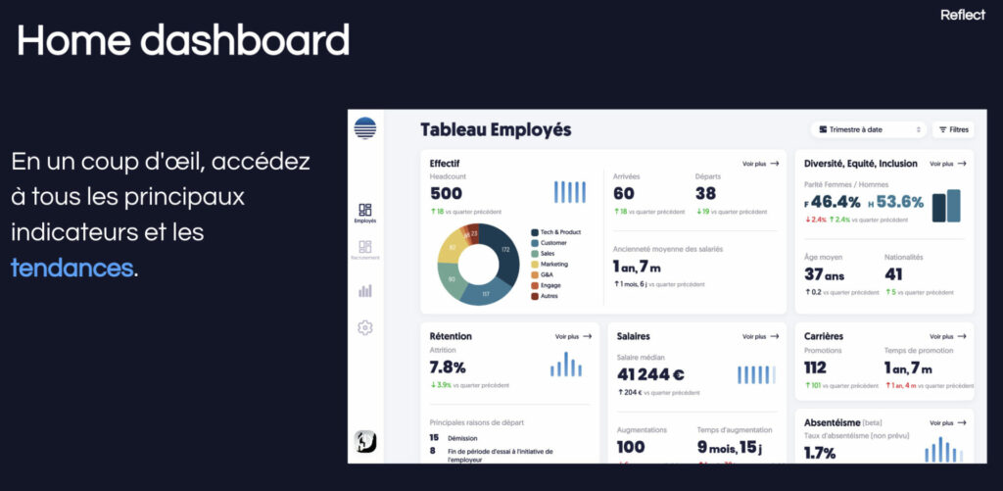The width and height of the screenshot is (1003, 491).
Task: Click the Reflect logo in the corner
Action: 962,15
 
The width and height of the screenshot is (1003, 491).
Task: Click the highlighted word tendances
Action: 72,268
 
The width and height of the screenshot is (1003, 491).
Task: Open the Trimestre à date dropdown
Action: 868,129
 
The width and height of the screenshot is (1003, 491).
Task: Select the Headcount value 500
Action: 446,193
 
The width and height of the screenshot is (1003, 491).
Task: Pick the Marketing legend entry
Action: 554,264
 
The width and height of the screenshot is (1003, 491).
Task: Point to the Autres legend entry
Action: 549,295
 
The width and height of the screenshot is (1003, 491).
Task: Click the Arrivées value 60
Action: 624,193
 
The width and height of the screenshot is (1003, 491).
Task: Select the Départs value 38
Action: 705,193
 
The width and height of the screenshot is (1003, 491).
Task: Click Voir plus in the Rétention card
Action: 573,336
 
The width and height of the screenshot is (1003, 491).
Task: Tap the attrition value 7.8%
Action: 448,368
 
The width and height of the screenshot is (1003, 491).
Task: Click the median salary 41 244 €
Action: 650,374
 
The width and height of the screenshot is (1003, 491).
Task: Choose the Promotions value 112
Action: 815,368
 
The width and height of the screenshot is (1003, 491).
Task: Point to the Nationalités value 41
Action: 893,274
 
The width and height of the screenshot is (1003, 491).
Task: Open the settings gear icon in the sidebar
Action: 365,328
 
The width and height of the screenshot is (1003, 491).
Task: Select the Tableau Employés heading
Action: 496,129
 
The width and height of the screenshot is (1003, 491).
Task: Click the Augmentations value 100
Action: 631,447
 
